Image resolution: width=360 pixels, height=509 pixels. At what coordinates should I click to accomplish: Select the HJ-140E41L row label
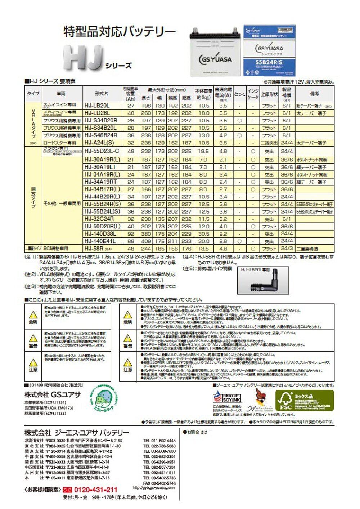[x=100, y=241]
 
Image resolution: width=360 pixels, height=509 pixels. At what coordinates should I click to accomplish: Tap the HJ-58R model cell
[x=94, y=249]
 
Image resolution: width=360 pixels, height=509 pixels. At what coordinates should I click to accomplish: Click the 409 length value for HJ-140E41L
[x=146, y=241]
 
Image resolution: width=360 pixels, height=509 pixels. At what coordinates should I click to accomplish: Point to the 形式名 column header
[x=102, y=94]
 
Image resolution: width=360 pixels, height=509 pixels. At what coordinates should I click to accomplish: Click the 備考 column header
[x=314, y=94]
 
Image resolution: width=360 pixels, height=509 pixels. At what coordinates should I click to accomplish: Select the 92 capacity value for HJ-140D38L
[x=131, y=234]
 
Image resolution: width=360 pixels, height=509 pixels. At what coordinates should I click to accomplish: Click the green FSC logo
[x=305, y=401]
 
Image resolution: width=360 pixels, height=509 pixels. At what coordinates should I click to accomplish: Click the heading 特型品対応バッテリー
[x=120, y=32]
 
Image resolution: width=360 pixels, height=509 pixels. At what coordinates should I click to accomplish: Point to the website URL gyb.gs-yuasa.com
[x=154, y=488]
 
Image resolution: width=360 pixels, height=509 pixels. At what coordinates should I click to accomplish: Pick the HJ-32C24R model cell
[x=99, y=219]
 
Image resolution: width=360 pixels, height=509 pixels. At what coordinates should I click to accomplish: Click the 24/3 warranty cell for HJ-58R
[x=287, y=249]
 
